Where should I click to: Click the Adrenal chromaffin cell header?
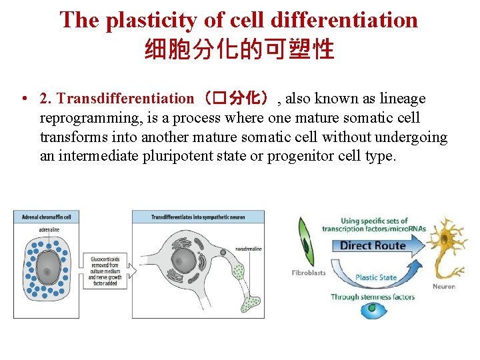[x=47, y=217]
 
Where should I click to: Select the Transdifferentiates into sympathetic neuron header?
[x=197, y=217]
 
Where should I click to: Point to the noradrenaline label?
[x=248, y=249]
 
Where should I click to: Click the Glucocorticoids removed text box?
[x=105, y=271]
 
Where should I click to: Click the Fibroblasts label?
[x=308, y=273]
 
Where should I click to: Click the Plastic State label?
[x=375, y=277]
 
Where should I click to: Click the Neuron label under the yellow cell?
[x=443, y=287]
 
